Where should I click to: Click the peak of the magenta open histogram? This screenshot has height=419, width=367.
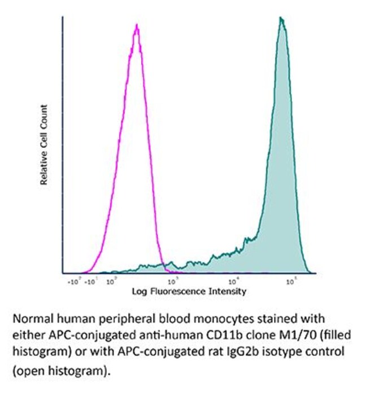coord(136,26)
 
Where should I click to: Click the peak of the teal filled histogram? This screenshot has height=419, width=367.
coord(281,19)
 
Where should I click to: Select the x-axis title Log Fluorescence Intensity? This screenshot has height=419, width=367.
coord(189,292)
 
